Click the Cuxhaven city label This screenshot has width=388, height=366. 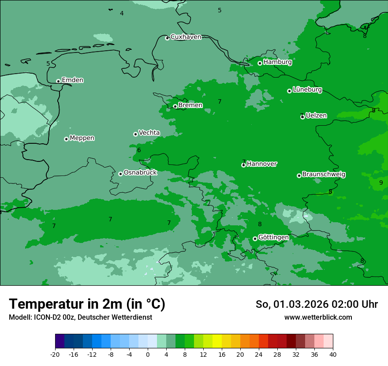(x=186, y=37)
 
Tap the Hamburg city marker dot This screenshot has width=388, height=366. (x=260, y=63)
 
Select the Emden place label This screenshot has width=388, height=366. (x=72, y=80)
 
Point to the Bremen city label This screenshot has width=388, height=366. (x=190, y=105)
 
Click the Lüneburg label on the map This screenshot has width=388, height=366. (x=307, y=90)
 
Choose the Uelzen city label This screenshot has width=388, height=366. (x=316, y=116)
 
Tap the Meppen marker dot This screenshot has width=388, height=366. (x=67, y=139)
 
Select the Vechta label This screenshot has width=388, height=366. (x=149, y=133)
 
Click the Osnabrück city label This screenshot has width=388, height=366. (x=140, y=173)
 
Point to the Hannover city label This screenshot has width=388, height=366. (x=261, y=164)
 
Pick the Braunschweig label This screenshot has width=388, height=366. (x=324, y=175)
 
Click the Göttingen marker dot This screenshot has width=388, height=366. (x=255, y=239)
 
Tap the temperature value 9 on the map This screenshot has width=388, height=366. (x=381, y=183)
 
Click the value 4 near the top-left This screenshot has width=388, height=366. (x=122, y=14)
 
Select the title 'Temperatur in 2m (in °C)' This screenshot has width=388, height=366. (x=87, y=304)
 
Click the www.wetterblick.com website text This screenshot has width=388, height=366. (x=318, y=317)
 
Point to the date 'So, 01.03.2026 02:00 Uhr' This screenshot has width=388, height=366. (x=317, y=304)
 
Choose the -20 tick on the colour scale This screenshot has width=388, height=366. (x=55, y=354)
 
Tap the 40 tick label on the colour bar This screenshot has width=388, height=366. (x=333, y=354)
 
